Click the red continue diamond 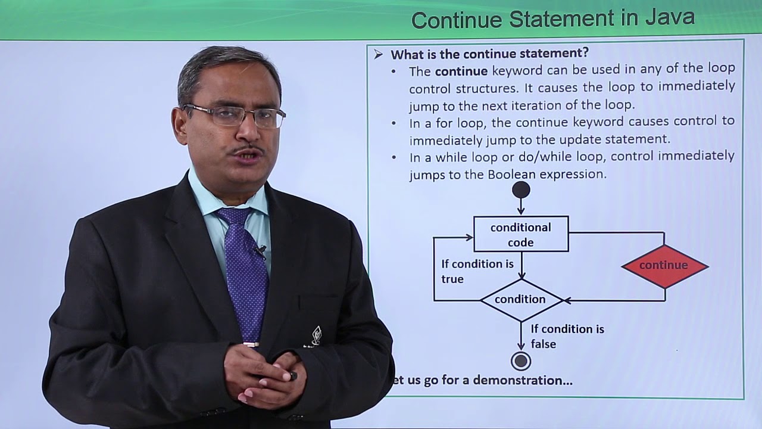pyautogui.click(x=664, y=266)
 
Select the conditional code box pyautogui.click(x=521, y=234)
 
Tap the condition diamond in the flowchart pyautogui.click(x=521, y=300)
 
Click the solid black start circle pyautogui.click(x=521, y=189)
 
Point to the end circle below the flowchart pyautogui.click(x=521, y=361)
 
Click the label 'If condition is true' pyautogui.click(x=477, y=271)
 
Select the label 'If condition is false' pyautogui.click(x=567, y=336)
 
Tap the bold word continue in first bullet pyautogui.click(x=461, y=71)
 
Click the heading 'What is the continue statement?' pyautogui.click(x=489, y=54)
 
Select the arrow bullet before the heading pyautogui.click(x=379, y=55)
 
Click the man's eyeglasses pyautogui.click(x=235, y=115)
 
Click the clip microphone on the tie pyautogui.click(x=260, y=251)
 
